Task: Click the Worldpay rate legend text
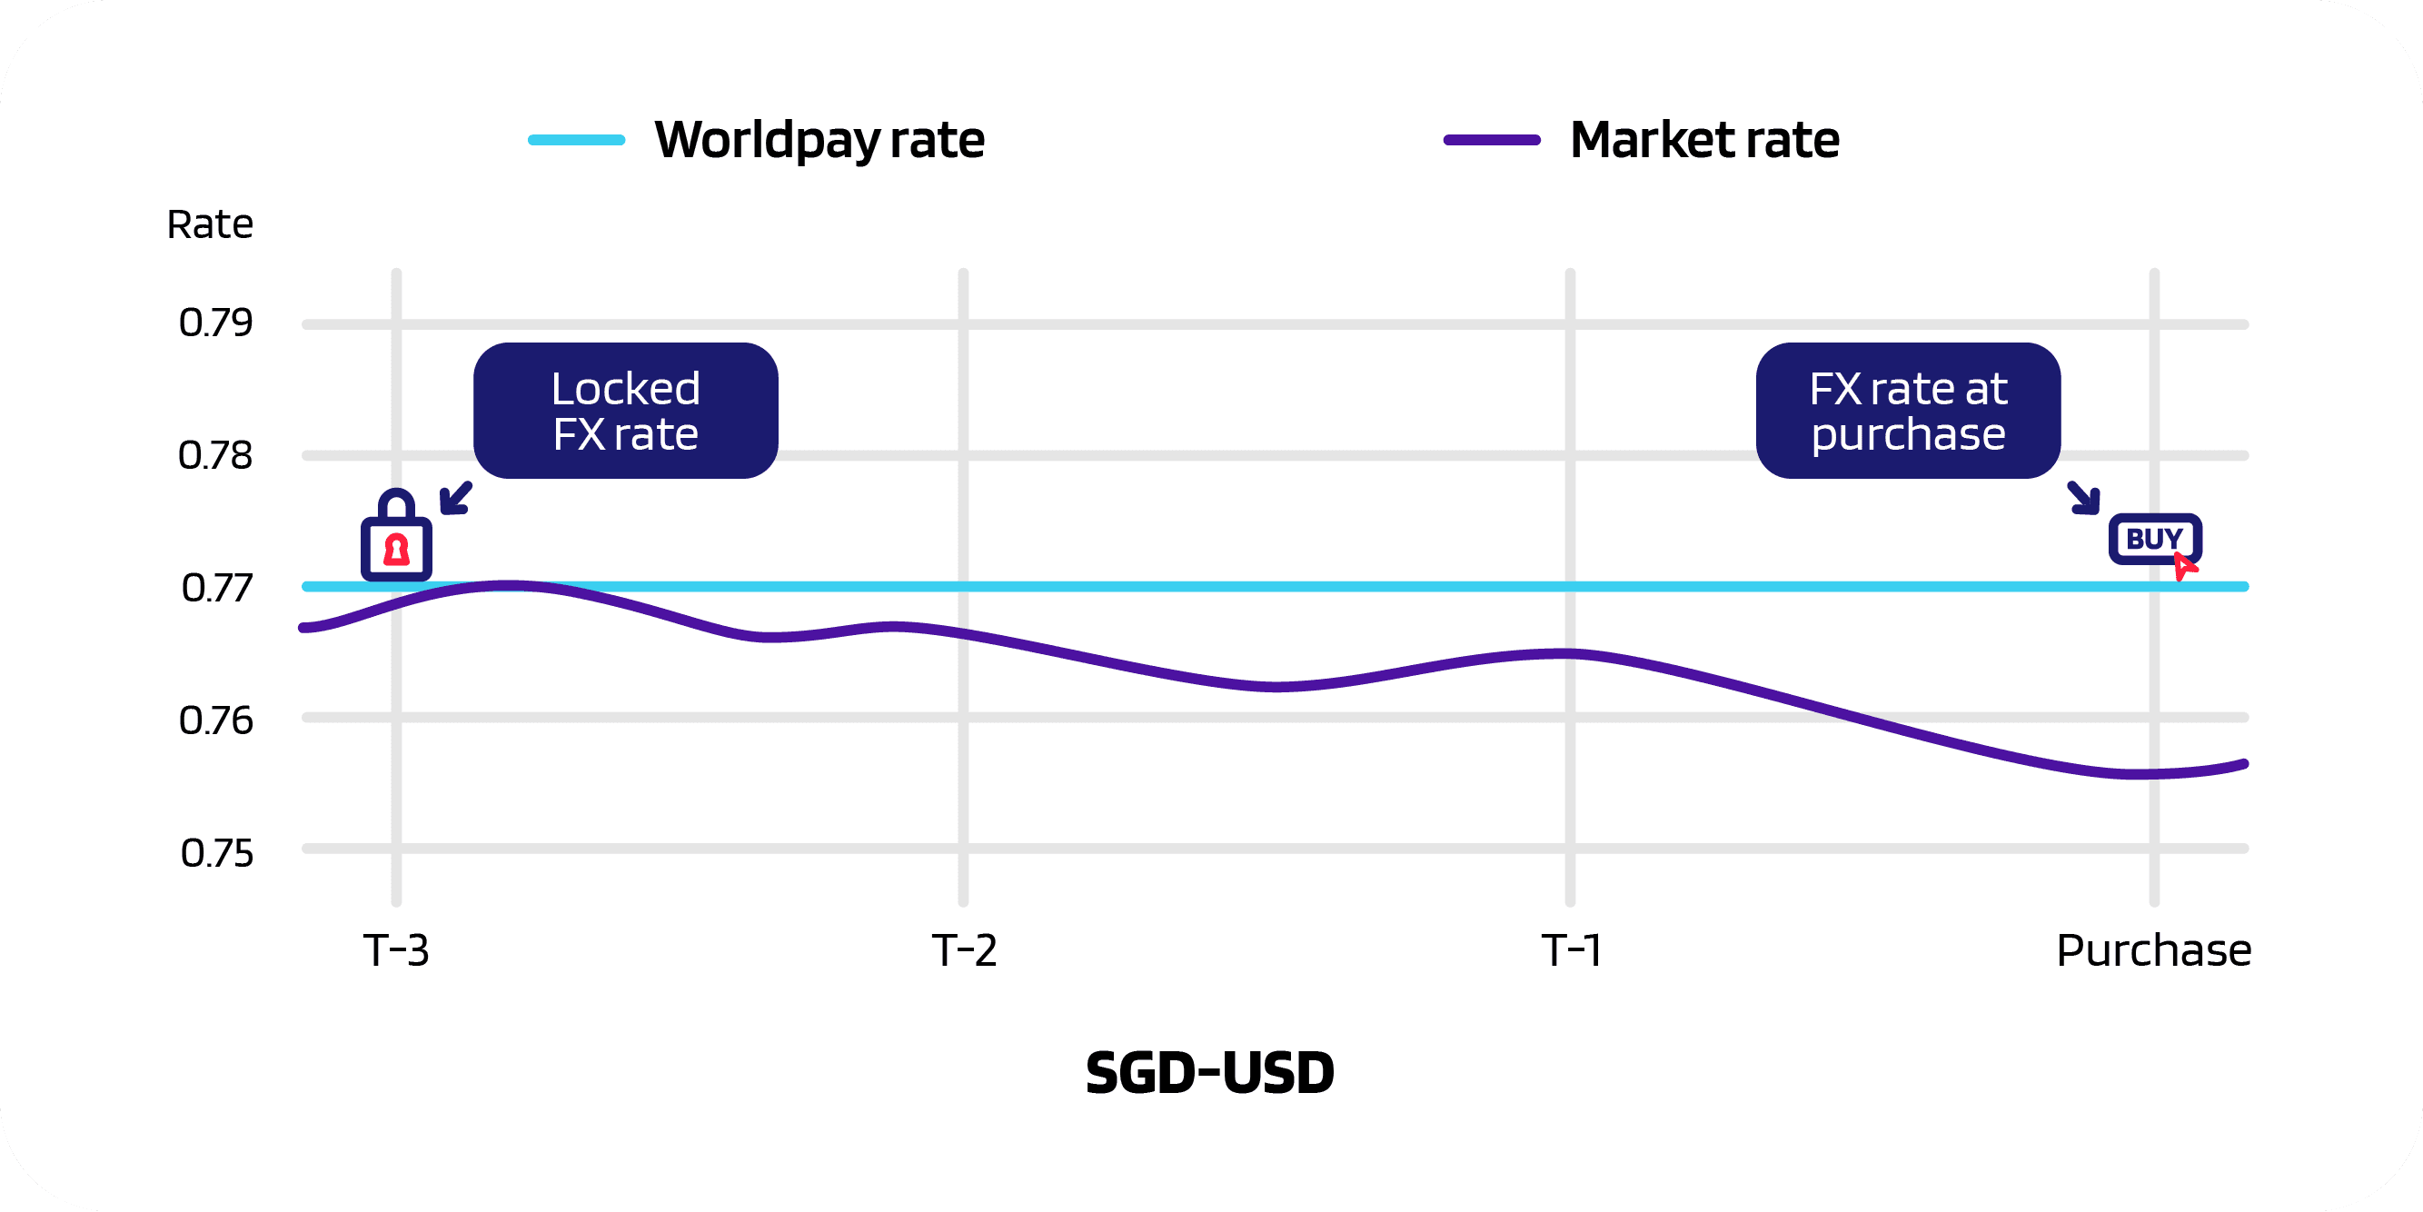[x=819, y=140]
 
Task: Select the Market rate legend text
[x=1704, y=140]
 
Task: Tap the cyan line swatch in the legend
[x=577, y=140]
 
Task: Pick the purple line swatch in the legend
[x=1492, y=140]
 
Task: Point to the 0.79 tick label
[x=216, y=323]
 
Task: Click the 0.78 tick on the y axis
[x=216, y=455]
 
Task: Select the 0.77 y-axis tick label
[x=216, y=588]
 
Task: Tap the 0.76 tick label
[x=216, y=720]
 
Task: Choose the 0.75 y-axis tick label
[x=216, y=853]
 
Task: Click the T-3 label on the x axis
[x=396, y=950]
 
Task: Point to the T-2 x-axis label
[x=964, y=950]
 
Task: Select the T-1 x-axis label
[x=1571, y=950]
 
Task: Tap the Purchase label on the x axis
[x=2154, y=950]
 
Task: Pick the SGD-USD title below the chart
[x=1209, y=1073]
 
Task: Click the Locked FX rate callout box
[x=625, y=412]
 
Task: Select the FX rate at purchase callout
[x=1908, y=412]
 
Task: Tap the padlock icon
[x=396, y=537]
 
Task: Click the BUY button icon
[x=2154, y=540]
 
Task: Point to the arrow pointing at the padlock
[x=456, y=498]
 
